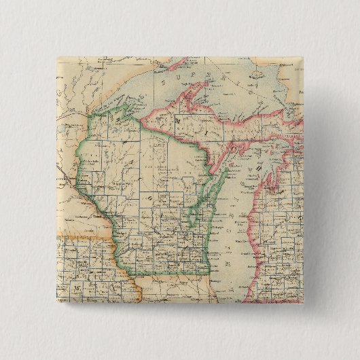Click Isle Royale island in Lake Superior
pos(162,66)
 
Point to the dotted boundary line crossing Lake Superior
pos(224,82)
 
